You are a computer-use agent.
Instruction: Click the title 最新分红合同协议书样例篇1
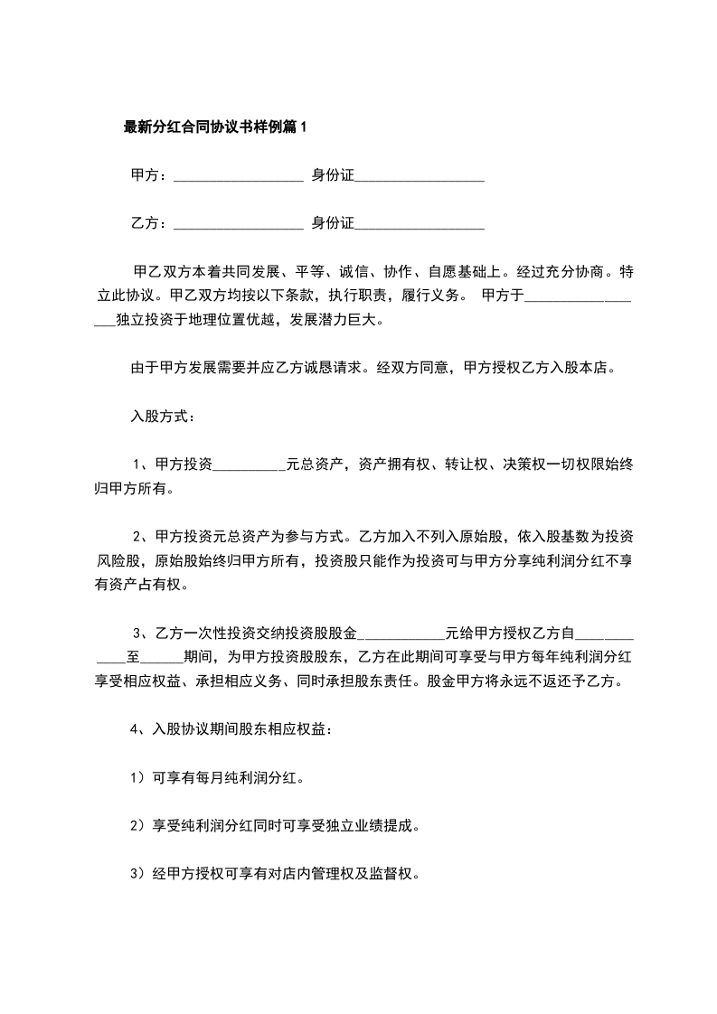(x=215, y=127)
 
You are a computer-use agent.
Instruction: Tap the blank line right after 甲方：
(x=238, y=177)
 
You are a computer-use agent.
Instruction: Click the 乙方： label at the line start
(x=149, y=223)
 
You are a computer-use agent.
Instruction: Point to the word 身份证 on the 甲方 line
(x=333, y=176)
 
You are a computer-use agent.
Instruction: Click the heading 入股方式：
(x=161, y=417)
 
